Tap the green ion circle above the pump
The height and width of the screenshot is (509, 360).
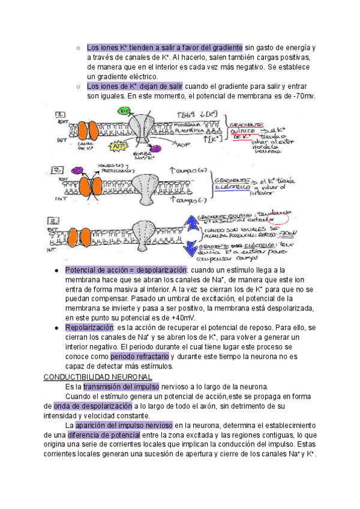125,112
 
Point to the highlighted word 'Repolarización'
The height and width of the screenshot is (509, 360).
89,328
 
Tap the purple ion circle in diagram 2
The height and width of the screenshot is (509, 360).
77,170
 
